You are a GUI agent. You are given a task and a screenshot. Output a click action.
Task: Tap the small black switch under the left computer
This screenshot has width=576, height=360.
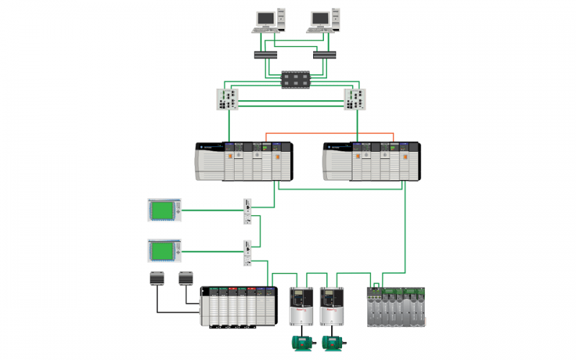pyautogui.click(x=265, y=55)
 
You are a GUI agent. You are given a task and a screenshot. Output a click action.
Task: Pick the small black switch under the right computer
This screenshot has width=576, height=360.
pyautogui.click(x=324, y=55)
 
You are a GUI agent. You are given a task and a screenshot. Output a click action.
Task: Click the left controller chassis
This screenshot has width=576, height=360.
pyautogui.click(x=244, y=161)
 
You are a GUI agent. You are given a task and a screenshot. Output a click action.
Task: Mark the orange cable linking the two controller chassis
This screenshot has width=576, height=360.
pyautogui.click(x=331, y=133)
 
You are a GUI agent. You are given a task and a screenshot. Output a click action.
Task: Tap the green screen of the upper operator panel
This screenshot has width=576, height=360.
pyautogui.click(x=163, y=210)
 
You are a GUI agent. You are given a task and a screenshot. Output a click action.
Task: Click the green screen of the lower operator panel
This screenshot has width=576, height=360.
pyautogui.click(x=163, y=251)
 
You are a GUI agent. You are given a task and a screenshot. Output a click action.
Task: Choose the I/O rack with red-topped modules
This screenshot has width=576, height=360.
pyautogui.click(x=238, y=307)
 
